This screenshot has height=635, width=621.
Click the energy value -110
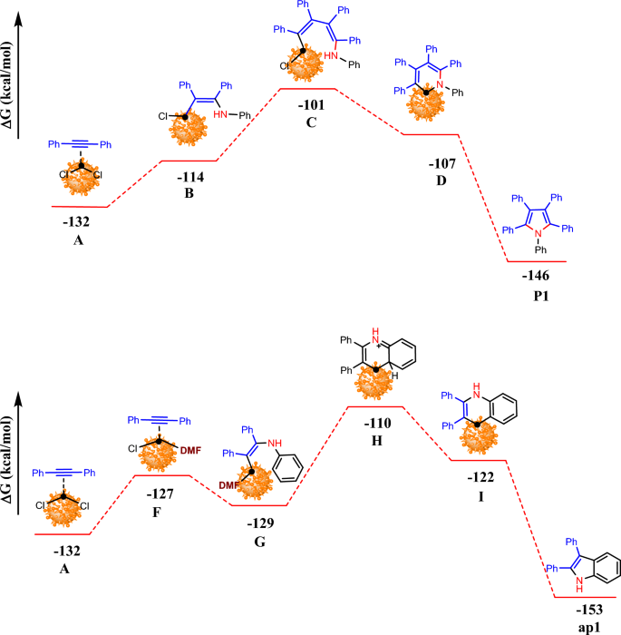coord(375,423)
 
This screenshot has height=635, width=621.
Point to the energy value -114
coord(190,177)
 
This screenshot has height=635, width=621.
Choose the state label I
coord(479,498)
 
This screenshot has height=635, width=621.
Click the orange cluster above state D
coord(427,102)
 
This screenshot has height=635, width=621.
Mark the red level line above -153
coord(585,598)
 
